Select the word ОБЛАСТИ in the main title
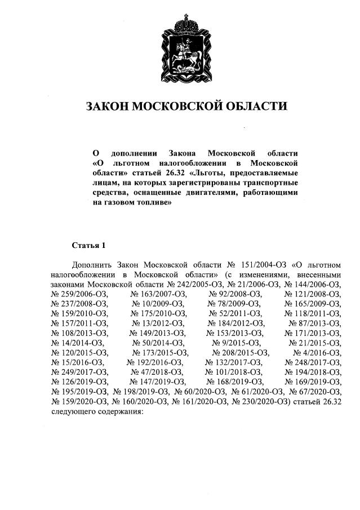point(254,107)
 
